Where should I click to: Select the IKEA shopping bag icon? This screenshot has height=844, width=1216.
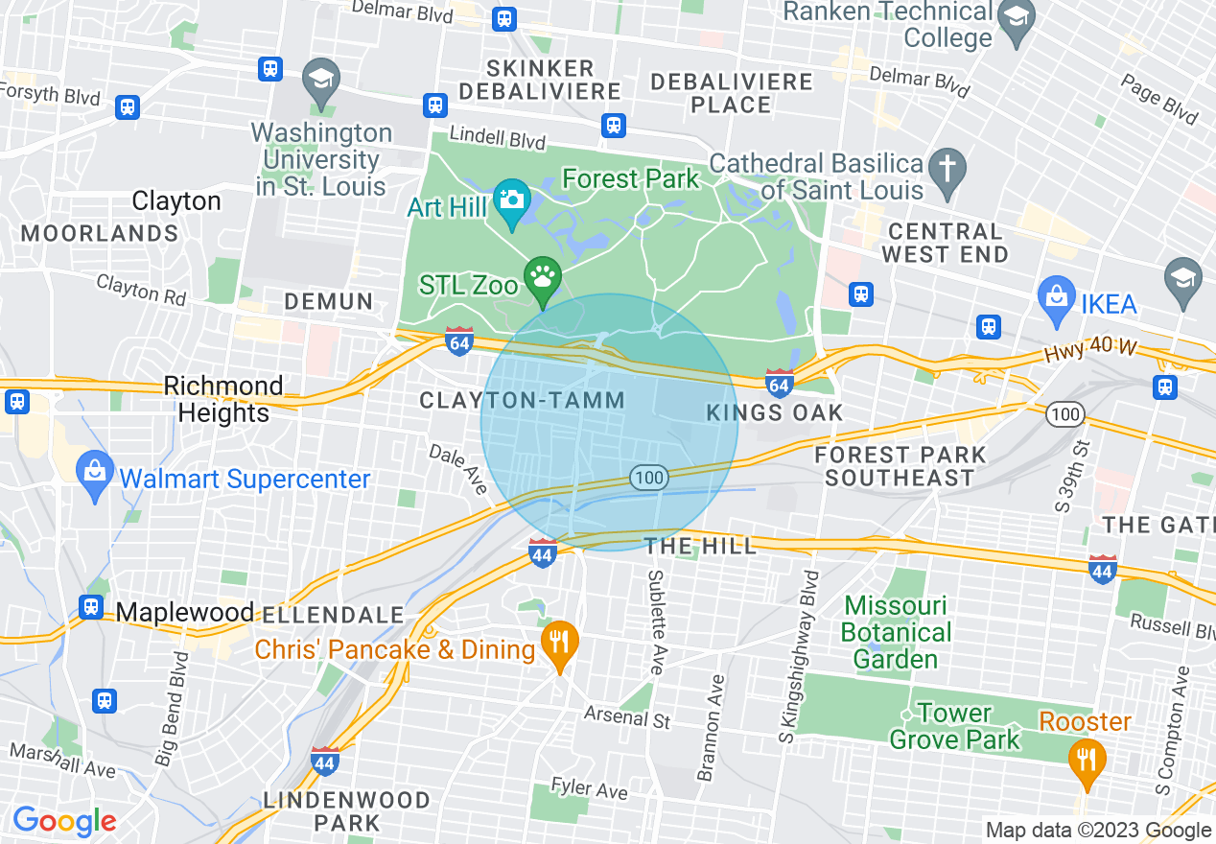(1056, 300)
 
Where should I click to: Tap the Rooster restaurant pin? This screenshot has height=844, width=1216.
(1086, 760)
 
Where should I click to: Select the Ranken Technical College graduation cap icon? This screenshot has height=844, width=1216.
(1015, 17)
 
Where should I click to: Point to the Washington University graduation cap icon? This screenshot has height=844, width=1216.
(320, 80)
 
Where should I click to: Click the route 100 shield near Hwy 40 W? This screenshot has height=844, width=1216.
(1065, 415)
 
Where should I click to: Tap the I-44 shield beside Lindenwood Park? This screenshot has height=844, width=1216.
(325, 761)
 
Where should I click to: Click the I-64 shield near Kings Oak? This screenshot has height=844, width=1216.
(779, 381)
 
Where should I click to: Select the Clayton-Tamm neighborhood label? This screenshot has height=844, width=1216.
(523, 401)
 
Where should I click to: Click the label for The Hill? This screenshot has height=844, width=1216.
(699, 547)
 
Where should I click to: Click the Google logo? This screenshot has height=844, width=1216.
(64, 822)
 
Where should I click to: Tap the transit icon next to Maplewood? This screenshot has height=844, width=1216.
(92, 607)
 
